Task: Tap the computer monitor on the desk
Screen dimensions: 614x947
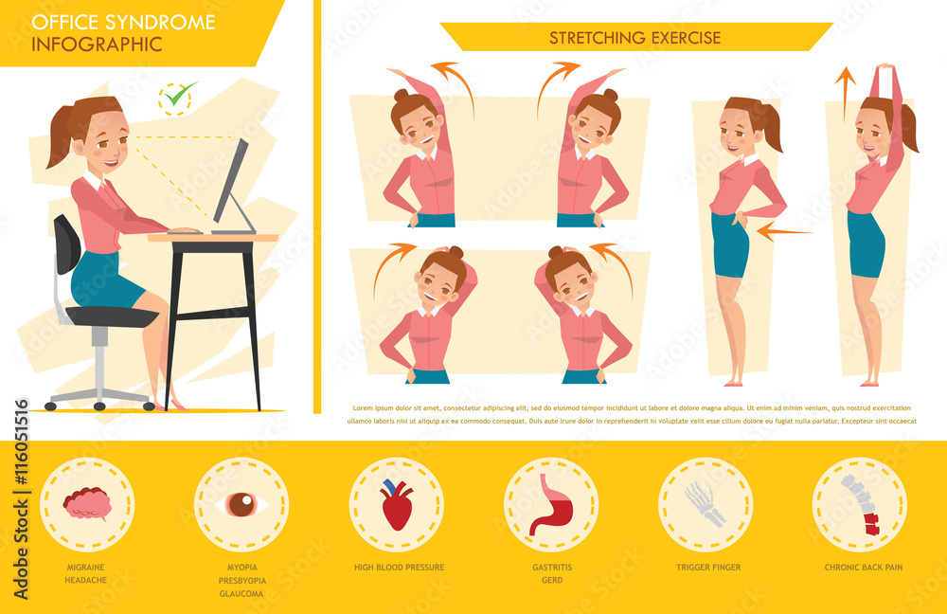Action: [x=232, y=185]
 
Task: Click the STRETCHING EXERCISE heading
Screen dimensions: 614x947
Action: [x=635, y=38]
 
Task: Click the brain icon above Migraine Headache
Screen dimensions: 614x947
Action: [x=87, y=503]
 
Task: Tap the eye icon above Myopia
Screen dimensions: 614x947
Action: [x=241, y=504]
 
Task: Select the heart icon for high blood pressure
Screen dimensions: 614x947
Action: [x=396, y=504]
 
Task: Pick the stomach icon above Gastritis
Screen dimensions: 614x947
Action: [x=550, y=504]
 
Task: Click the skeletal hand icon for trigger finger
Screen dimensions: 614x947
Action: [x=706, y=504]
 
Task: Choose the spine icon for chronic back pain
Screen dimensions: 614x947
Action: [x=860, y=504]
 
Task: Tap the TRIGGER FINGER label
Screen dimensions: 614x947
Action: [x=708, y=568]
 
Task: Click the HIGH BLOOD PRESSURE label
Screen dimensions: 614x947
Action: [x=399, y=568]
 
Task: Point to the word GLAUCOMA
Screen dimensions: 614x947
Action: [x=242, y=593]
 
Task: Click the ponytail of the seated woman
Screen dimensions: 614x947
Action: [x=60, y=137]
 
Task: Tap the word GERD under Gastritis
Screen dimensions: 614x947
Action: [x=552, y=580]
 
